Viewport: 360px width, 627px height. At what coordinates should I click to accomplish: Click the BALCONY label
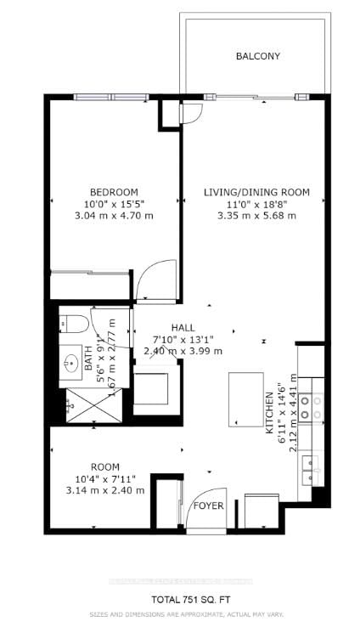pos(257,56)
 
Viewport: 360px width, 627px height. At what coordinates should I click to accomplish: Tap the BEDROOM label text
pos(114,192)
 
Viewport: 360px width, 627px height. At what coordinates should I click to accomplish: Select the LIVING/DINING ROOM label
pos(256,192)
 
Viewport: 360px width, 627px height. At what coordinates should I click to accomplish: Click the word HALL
pos(183,326)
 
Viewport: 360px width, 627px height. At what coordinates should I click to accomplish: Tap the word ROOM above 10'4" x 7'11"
pos(105,466)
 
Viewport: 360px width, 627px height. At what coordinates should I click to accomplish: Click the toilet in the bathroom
pos(73,323)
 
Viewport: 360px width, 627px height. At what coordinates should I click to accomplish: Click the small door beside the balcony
pos(189,110)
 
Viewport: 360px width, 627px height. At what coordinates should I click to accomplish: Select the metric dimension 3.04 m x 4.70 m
pos(114,216)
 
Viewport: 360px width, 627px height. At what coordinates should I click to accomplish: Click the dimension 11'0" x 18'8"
pos(256,204)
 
